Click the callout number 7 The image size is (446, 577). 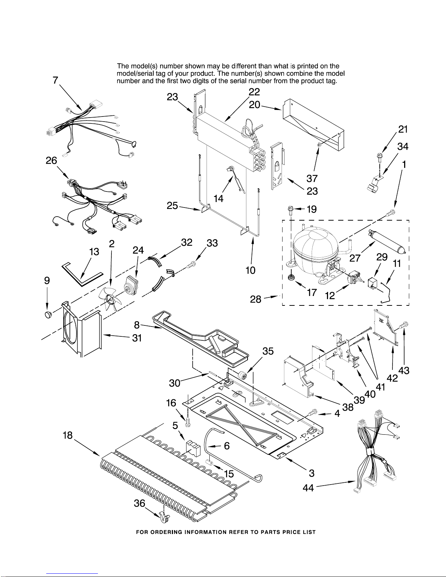(x=55, y=80)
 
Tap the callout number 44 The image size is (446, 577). (x=308, y=488)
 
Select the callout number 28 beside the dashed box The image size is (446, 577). (x=256, y=300)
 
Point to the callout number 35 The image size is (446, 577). (x=268, y=351)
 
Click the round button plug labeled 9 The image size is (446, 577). (x=48, y=315)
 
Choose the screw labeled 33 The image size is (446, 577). (x=191, y=264)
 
